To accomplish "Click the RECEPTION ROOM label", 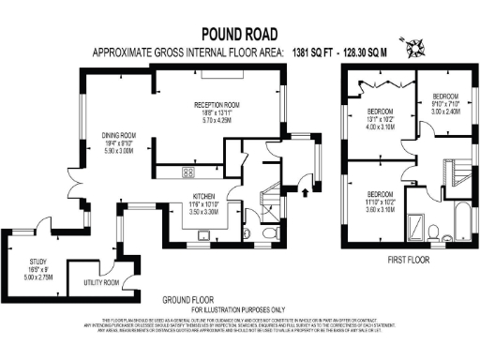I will point(217,105).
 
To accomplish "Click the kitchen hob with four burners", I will point(188,172).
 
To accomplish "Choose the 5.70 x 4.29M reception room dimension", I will point(217,120).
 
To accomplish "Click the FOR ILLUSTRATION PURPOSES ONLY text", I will point(239,308).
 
